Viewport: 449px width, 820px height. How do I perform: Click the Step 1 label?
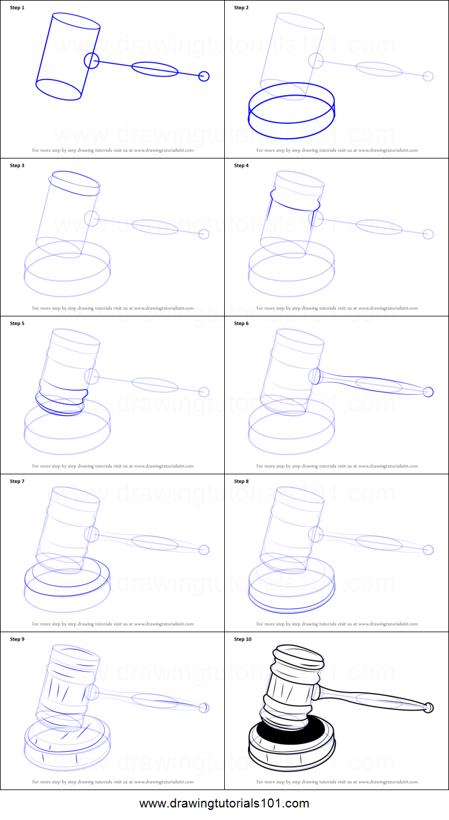coord(17,8)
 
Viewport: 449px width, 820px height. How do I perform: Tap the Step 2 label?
coord(241,8)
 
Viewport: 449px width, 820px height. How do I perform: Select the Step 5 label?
coord(17,324)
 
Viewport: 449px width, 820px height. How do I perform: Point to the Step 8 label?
coord(241,481)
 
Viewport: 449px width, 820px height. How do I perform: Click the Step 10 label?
coord(243,639)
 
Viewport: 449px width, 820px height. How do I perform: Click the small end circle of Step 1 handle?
coord(204,76)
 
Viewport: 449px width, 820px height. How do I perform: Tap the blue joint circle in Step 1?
coord(91,60)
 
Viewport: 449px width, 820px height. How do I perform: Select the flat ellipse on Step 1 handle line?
coord(154,69)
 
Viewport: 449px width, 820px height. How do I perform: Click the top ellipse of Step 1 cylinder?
coord(76,20)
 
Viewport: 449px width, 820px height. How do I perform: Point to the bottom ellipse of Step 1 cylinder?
coord(59,90)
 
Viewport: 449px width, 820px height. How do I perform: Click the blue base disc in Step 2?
coord(291,111)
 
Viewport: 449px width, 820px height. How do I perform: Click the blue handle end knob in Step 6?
coord(428,392)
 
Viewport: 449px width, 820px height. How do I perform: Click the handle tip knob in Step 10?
coord(428,708)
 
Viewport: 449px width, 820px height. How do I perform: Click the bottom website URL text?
coord(224,803)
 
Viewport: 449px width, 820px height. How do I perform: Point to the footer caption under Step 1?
coord(113,150)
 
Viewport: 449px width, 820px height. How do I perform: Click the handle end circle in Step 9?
coord(204,708)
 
